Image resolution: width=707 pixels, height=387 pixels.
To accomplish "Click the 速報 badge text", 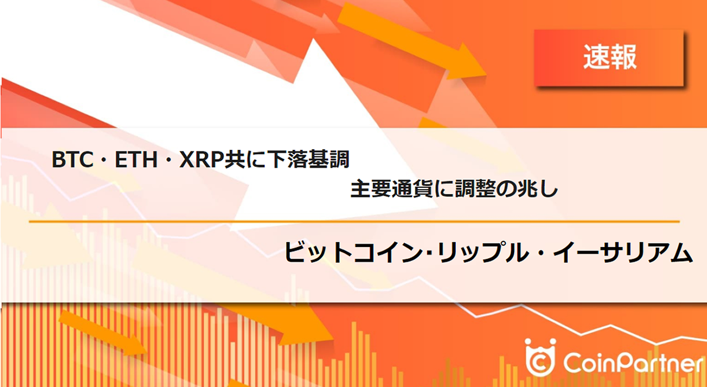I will (610, 56).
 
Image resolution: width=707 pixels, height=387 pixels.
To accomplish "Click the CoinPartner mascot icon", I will (540, 357).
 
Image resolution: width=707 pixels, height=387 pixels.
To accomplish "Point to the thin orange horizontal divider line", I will (353, 222).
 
